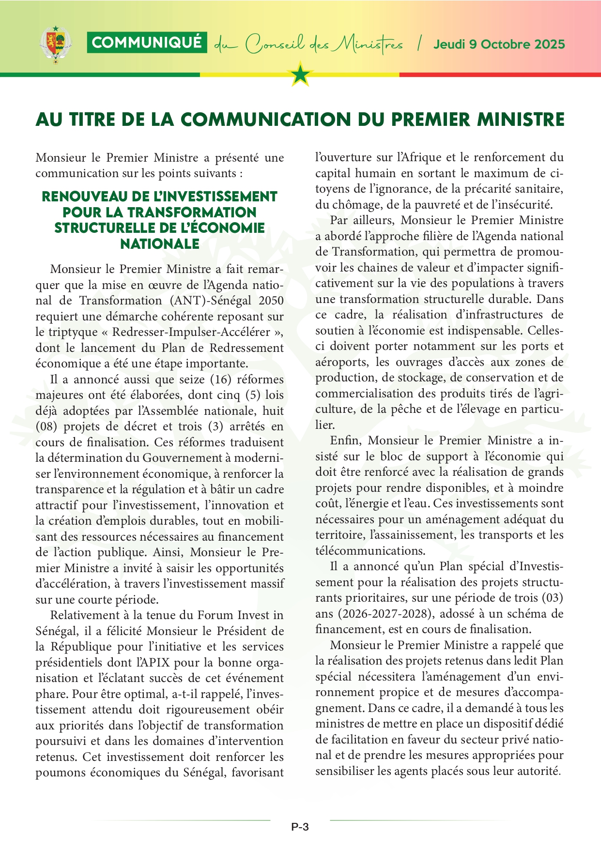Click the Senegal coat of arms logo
(56, 45)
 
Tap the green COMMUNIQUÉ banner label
(147, 43)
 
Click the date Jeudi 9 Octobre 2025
(499, 45)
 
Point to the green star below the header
(301, 75)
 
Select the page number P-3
(300, 827)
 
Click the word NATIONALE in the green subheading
(160, 244)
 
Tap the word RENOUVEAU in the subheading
(80, 197)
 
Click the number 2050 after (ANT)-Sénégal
(271, 301)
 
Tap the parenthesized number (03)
(552, 598)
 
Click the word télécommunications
(370, 551)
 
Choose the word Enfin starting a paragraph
(346, 440)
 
